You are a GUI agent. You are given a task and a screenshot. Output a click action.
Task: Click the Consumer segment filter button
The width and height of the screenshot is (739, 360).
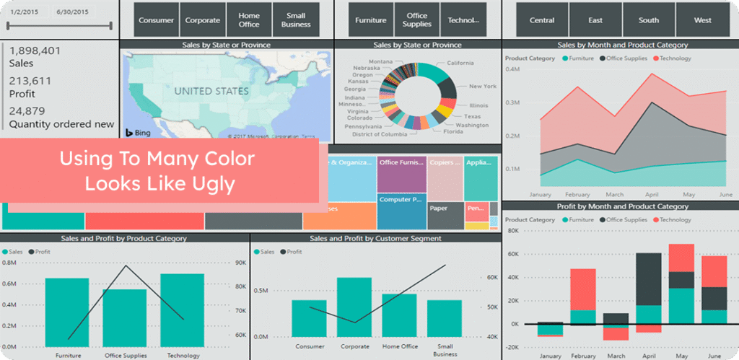(x=156, y=20)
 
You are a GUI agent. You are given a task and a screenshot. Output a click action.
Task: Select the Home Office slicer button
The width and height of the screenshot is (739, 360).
(x=249, y=20)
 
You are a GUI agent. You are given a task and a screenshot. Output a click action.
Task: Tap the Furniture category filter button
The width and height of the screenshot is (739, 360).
(x=370, y=20)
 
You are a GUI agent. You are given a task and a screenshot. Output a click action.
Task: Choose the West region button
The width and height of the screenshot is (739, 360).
(x=702, y=20)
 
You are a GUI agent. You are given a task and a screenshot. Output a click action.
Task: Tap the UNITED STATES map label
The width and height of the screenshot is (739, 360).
(x=211, y=92)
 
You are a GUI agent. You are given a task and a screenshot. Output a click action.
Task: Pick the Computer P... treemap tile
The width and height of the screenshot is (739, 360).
(x=401, y=200)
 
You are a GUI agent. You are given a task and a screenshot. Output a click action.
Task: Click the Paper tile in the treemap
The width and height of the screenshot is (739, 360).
(x=438, y=208)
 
